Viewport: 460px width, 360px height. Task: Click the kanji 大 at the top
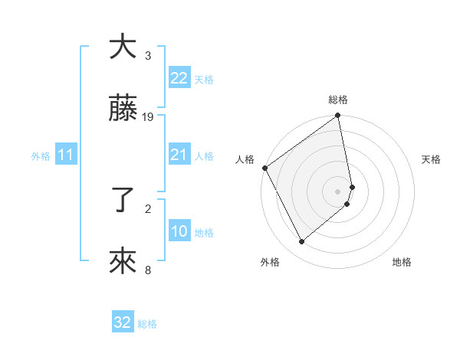(x=123, y=47)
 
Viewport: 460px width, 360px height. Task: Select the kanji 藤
(x=123, y=110)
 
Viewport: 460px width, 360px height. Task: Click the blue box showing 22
(x=179, y=78)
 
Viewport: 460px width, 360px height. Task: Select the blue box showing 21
(x=179, y=155)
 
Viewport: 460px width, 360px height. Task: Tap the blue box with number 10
(x=179, y=232)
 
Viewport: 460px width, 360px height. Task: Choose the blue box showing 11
(x=66, y=155)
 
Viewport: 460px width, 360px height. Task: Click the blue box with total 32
(x=123, y=322)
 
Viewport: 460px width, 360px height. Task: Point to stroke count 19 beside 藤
(x=148, y=117)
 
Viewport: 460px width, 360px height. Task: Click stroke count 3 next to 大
(x=148, y=55)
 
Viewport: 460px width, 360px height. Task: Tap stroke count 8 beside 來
(x=148, y=270)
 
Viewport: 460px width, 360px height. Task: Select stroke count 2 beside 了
(x=148, y=208)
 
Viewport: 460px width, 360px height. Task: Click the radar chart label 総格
(x=338, y=100)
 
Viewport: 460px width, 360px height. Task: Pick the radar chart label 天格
(x=431, y=159)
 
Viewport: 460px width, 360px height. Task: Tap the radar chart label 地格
(x=402, y=262)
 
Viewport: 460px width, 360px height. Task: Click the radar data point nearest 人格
(x=264, y=168)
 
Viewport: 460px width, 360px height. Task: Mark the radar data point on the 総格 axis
(x=338, y=117)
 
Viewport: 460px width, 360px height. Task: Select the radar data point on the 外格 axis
(x=301, y=241)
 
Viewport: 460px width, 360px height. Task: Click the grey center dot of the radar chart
(x=338, y=191)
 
